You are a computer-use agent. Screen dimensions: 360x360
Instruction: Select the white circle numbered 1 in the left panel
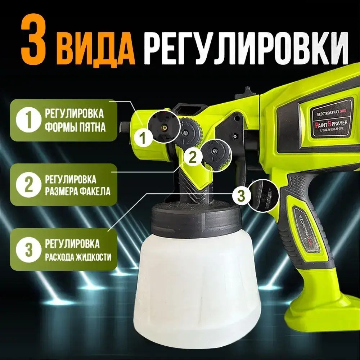coord(27,120)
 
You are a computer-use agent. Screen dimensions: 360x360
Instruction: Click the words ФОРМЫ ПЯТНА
coord(75,127)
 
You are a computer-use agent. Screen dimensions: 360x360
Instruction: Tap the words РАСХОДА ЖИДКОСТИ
coord(78,257)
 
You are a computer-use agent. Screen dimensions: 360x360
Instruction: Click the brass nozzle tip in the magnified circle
coord(164,126)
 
